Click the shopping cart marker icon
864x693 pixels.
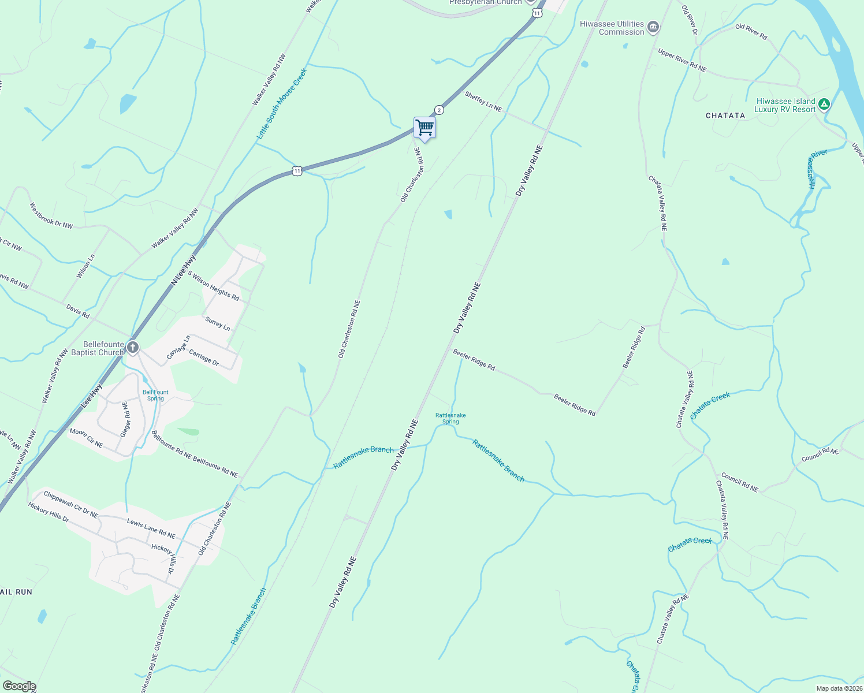coord(424,128)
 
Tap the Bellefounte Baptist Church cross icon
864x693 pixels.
coord(133,348)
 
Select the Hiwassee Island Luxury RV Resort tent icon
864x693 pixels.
coord(824,105)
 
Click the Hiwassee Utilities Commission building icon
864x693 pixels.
coord(653,27)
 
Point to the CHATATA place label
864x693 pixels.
coord(725,115)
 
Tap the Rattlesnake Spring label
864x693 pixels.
coord(450,418)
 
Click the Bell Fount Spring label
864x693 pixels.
coord(155,395)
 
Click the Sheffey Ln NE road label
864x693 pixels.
coord(483,102)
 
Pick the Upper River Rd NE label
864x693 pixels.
coord(681,61)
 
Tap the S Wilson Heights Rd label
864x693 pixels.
coord(213,286)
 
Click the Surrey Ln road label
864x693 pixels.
coord(218,323)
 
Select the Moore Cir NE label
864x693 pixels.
coord(86,438)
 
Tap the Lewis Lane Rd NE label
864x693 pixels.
coord(151,528)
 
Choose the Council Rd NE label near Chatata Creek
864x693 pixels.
coord(740,483)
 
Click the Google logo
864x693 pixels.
coord(19,686)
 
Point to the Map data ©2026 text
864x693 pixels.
coord(839,688)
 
